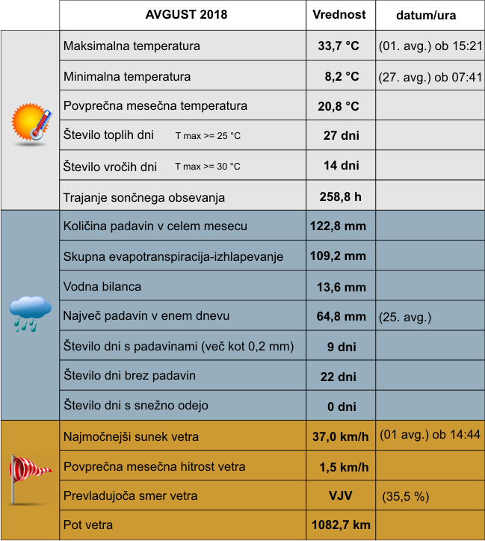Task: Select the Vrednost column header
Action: click(339, 14)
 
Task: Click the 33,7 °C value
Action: click(339, 46)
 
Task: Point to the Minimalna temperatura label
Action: click(127, 76)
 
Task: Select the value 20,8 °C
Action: click(339, 106)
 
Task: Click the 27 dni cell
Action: click(341, 135)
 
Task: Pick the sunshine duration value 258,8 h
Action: click(339, 197)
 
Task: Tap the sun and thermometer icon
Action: click(32, 122)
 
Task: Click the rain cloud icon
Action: click(31, 312)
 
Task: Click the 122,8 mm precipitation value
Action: click(338, 226)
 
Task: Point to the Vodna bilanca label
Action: click(102, 286)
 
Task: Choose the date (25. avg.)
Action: click(406, 317)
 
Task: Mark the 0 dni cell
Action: click(341, 406)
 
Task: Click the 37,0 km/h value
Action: click(340, 436)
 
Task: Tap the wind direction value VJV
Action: click(341, 495)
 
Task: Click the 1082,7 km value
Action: click(341, 525)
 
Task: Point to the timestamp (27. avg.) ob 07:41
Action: click(430, 76)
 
